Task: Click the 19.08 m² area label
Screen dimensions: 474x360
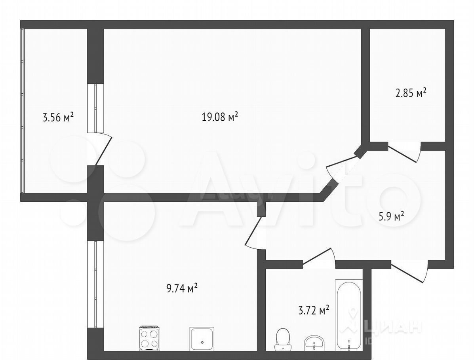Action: point(220,117)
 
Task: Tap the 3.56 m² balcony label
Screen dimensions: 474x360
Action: point(58,117)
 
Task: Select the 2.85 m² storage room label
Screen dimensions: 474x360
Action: point(411,93)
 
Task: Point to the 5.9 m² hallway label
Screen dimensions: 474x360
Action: point(392,216)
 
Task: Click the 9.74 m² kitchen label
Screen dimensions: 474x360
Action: point(182,288)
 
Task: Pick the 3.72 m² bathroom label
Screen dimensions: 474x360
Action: point(314,310)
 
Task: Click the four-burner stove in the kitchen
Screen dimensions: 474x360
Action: point(149,338)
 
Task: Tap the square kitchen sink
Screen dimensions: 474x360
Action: point(202,339)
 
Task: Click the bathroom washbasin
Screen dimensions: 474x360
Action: point(314,343)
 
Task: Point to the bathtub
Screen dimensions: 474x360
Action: point(348,315)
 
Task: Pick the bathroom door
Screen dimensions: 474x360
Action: point(319,258)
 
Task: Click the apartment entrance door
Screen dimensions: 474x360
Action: point(409,272)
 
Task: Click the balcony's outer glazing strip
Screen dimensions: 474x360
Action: point(22,110)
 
